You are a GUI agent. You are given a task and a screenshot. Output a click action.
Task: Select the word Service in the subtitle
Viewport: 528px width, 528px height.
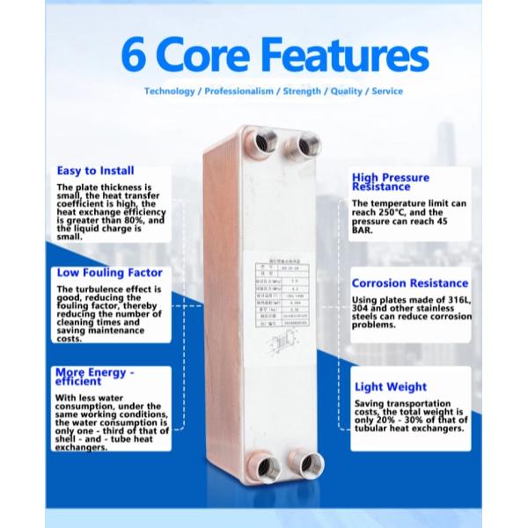[x=387, y=91]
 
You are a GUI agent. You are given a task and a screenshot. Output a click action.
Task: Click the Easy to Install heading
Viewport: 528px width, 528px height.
[x=95, y=170]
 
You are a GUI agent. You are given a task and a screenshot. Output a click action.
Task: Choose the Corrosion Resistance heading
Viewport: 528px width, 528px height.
[x=409, y=283]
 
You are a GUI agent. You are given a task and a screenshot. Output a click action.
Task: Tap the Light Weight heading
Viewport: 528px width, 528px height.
[x=391, y=386]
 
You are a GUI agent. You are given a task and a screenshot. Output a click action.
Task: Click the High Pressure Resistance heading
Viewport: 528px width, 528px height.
[x=391, y=181]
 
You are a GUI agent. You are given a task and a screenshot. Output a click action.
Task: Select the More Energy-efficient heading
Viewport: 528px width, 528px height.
[x=95, y=376]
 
